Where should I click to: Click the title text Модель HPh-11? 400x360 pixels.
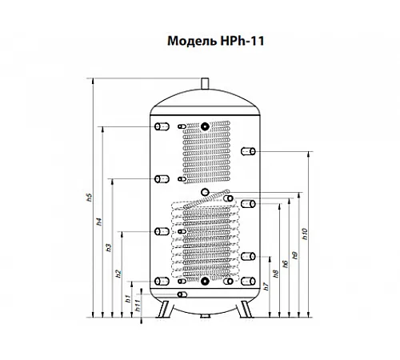[216, 41]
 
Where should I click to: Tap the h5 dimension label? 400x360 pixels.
[90, 198]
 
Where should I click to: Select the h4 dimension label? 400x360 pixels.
[99, 222]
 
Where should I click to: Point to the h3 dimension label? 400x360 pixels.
[109, 248]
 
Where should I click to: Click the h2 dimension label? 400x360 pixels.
[118, 274]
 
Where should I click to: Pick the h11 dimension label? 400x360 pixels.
[138, 306]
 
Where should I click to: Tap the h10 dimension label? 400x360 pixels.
[305, 234]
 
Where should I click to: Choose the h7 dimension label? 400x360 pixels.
[266, 286]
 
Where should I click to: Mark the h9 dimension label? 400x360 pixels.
[295, 255]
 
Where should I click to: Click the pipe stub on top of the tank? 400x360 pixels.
[205, 83]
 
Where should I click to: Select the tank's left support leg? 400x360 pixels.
[163, 310]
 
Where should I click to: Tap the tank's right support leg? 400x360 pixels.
[246, 310]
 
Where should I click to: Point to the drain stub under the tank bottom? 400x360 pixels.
[206, 316]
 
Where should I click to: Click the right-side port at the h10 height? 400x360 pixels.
[248, 151]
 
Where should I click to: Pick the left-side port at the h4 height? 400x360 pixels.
[162, 126]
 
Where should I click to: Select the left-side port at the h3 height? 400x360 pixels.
[162, 179]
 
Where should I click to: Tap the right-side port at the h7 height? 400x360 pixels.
[248, 257]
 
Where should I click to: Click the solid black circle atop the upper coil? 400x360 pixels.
[205, 126]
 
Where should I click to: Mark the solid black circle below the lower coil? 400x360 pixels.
[205, 281]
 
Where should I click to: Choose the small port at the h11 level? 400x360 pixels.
[182, 294]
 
